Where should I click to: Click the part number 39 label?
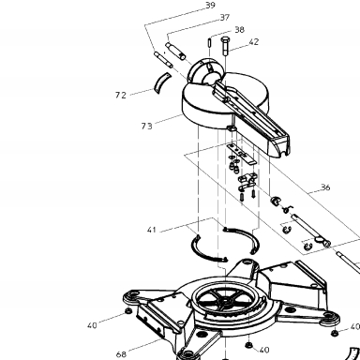tap(210, 6)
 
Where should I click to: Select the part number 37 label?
tap(225, 18)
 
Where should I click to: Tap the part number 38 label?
tap(239, 30)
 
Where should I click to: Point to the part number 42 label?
tap(254, 42)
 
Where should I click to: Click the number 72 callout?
tap(121, 95)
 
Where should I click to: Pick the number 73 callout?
tap(146, 127)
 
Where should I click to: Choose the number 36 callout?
tap(325, 187)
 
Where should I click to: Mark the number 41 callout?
tap(151, 230)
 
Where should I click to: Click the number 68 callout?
tap(121, 354)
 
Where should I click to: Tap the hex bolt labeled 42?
tap(225, 46)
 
